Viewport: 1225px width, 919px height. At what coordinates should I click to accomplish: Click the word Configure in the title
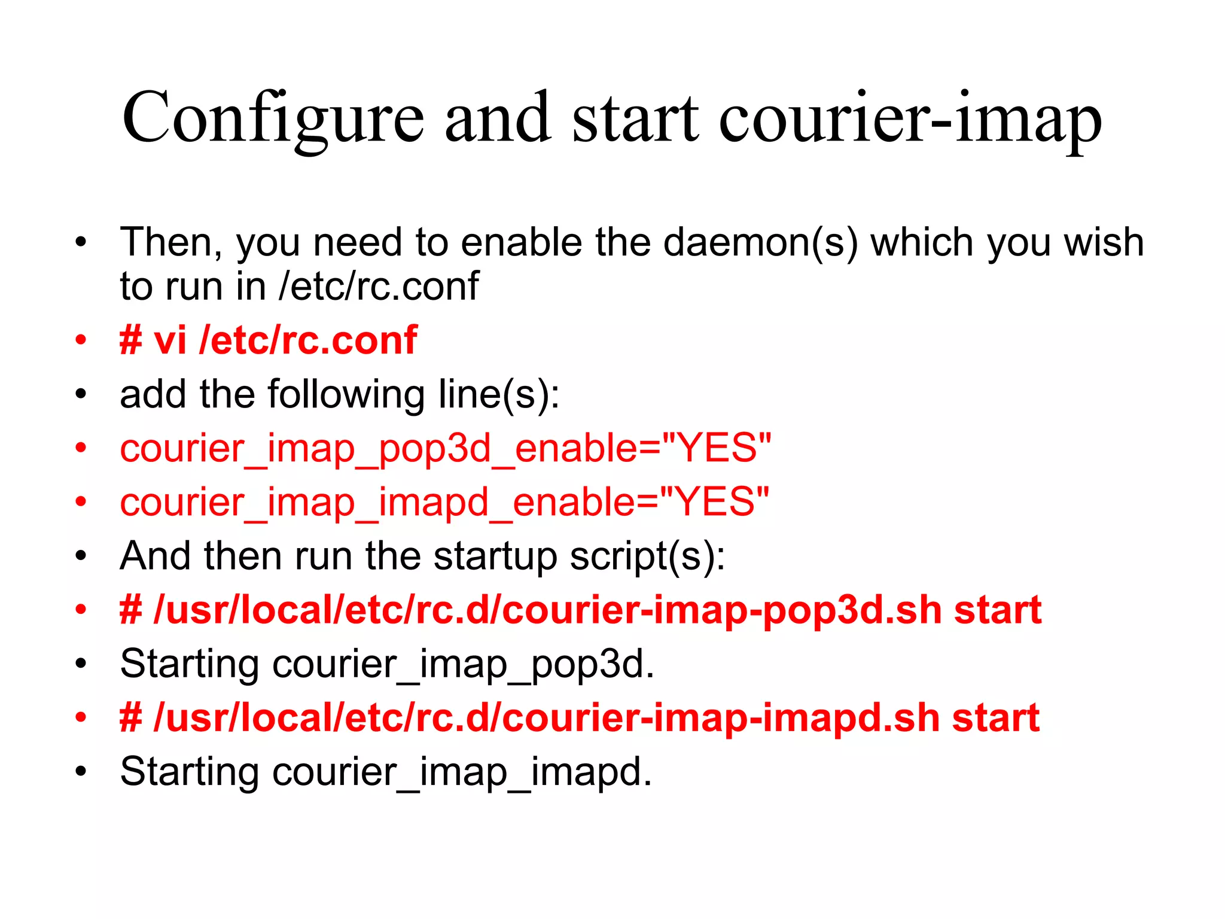click(x=273, y=117)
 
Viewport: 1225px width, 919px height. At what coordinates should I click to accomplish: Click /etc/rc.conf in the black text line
click(x=378, y=286)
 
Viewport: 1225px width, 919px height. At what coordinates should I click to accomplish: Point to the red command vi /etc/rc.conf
click(x=268, y=340)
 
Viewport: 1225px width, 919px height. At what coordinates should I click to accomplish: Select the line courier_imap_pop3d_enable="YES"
click(x=445, y=449)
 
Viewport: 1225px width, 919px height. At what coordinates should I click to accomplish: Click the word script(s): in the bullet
click(x=647, y=556)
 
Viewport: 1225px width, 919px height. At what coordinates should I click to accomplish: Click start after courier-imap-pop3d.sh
click(x=997, y=610)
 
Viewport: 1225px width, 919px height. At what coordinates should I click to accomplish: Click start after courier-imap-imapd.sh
click(x=995, y=718)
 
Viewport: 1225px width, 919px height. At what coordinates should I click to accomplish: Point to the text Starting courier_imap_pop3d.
click(x=386, y=664)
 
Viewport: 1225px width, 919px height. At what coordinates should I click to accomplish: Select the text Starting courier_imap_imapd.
click(x=385, y=772)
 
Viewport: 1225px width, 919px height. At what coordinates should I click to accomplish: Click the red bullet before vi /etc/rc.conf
click(x=81, y=340)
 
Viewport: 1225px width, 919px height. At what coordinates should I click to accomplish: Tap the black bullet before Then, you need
click(x=81, y=242)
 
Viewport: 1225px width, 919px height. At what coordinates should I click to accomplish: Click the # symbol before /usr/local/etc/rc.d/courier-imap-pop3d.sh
click(x=131, y=610)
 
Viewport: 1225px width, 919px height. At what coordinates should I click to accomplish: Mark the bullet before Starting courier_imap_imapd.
click(x=81, y=771)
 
